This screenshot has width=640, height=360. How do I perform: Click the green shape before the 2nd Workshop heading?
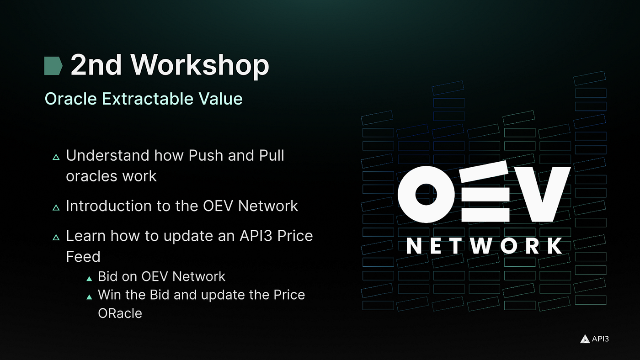coord(53,66)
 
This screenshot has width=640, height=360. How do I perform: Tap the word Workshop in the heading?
coord(200,66)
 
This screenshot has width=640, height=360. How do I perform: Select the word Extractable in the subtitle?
coord(147,99)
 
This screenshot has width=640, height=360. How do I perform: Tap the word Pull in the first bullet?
coord(272,156)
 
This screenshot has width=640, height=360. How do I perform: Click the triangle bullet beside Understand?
coord(56,157)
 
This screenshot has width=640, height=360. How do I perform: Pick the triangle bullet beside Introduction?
coord(56,207)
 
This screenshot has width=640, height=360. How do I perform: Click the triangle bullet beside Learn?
coord(56,237)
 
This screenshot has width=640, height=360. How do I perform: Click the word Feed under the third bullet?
coord(83,256)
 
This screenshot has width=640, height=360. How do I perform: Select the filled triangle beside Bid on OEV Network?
coord(89,279)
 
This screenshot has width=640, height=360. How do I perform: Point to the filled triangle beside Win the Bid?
coord(89,297)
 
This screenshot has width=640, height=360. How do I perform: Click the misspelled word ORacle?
coord(120,313)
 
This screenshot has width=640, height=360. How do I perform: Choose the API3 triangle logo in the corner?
coord(585,339)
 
